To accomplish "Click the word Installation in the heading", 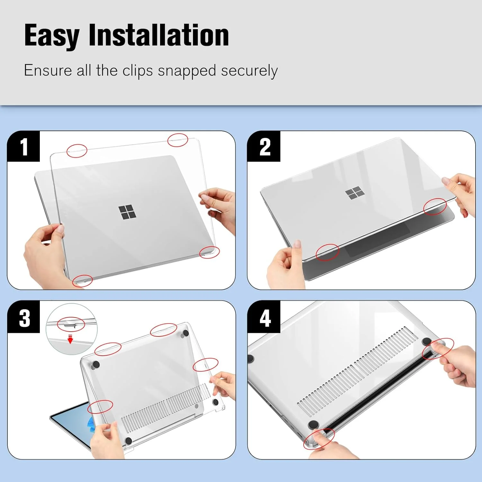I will (158, 35).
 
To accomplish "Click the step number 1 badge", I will (24, 147).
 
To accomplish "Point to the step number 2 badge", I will (264, 147).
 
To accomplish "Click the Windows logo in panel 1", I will (127, 213).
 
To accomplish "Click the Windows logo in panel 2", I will (355, 193).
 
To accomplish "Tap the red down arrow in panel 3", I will (70, 339).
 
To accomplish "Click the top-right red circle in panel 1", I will (178, 140).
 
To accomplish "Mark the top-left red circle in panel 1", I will (77, 151).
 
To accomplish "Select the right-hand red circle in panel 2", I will (435, 207).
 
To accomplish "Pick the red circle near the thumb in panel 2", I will (327, 252).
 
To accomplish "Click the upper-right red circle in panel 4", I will (438, 349).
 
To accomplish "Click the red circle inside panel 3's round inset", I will (71, 325).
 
